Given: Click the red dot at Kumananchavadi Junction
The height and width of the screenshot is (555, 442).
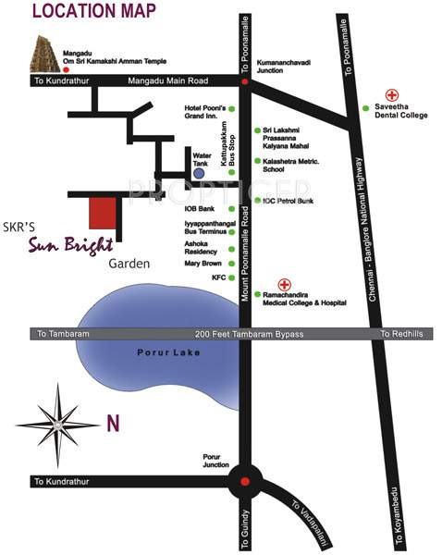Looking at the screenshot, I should tap(244, 81).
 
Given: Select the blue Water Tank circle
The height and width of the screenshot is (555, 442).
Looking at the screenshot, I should tap(199, 173).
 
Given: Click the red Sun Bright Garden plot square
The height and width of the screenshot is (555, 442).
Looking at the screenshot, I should tap(103, 214).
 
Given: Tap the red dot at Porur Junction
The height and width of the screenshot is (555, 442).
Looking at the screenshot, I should tap(244, 481).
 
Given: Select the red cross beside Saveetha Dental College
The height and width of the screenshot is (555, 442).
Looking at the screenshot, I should tap(391, 95).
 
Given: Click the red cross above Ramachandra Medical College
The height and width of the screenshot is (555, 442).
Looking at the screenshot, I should tap(285, 285).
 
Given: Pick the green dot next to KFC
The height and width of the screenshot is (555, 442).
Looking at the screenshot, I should tap(232, 277).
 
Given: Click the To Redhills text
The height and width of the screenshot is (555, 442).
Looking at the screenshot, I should tap(401, 333).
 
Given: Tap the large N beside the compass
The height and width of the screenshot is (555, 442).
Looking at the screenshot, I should tap(113, 424).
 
